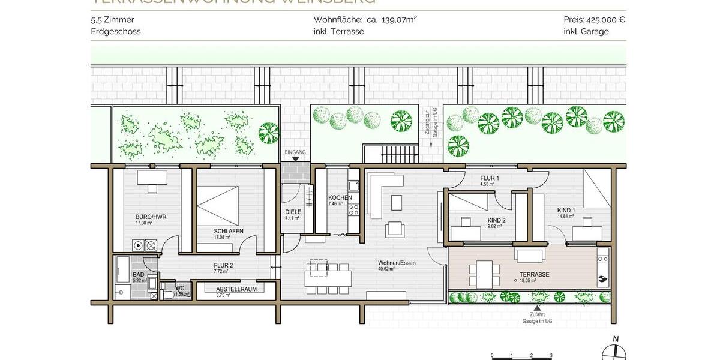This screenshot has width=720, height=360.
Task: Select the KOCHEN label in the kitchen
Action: pos(340,197)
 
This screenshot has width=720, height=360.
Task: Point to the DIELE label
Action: pos(293,211)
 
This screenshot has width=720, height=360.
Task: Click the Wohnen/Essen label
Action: pos(397,263)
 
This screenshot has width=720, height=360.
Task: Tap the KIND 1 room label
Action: pos(566,210)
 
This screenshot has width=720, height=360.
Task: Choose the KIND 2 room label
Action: pos(496,220)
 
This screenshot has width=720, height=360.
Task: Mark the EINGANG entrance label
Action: pos(296,152)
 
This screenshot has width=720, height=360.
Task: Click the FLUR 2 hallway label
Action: pos(223,264)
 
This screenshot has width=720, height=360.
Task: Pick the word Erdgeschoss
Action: pos(116,31)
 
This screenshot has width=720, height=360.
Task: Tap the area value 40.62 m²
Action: pos(387,269)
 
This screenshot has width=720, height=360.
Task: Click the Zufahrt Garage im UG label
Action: pos(538,318)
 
